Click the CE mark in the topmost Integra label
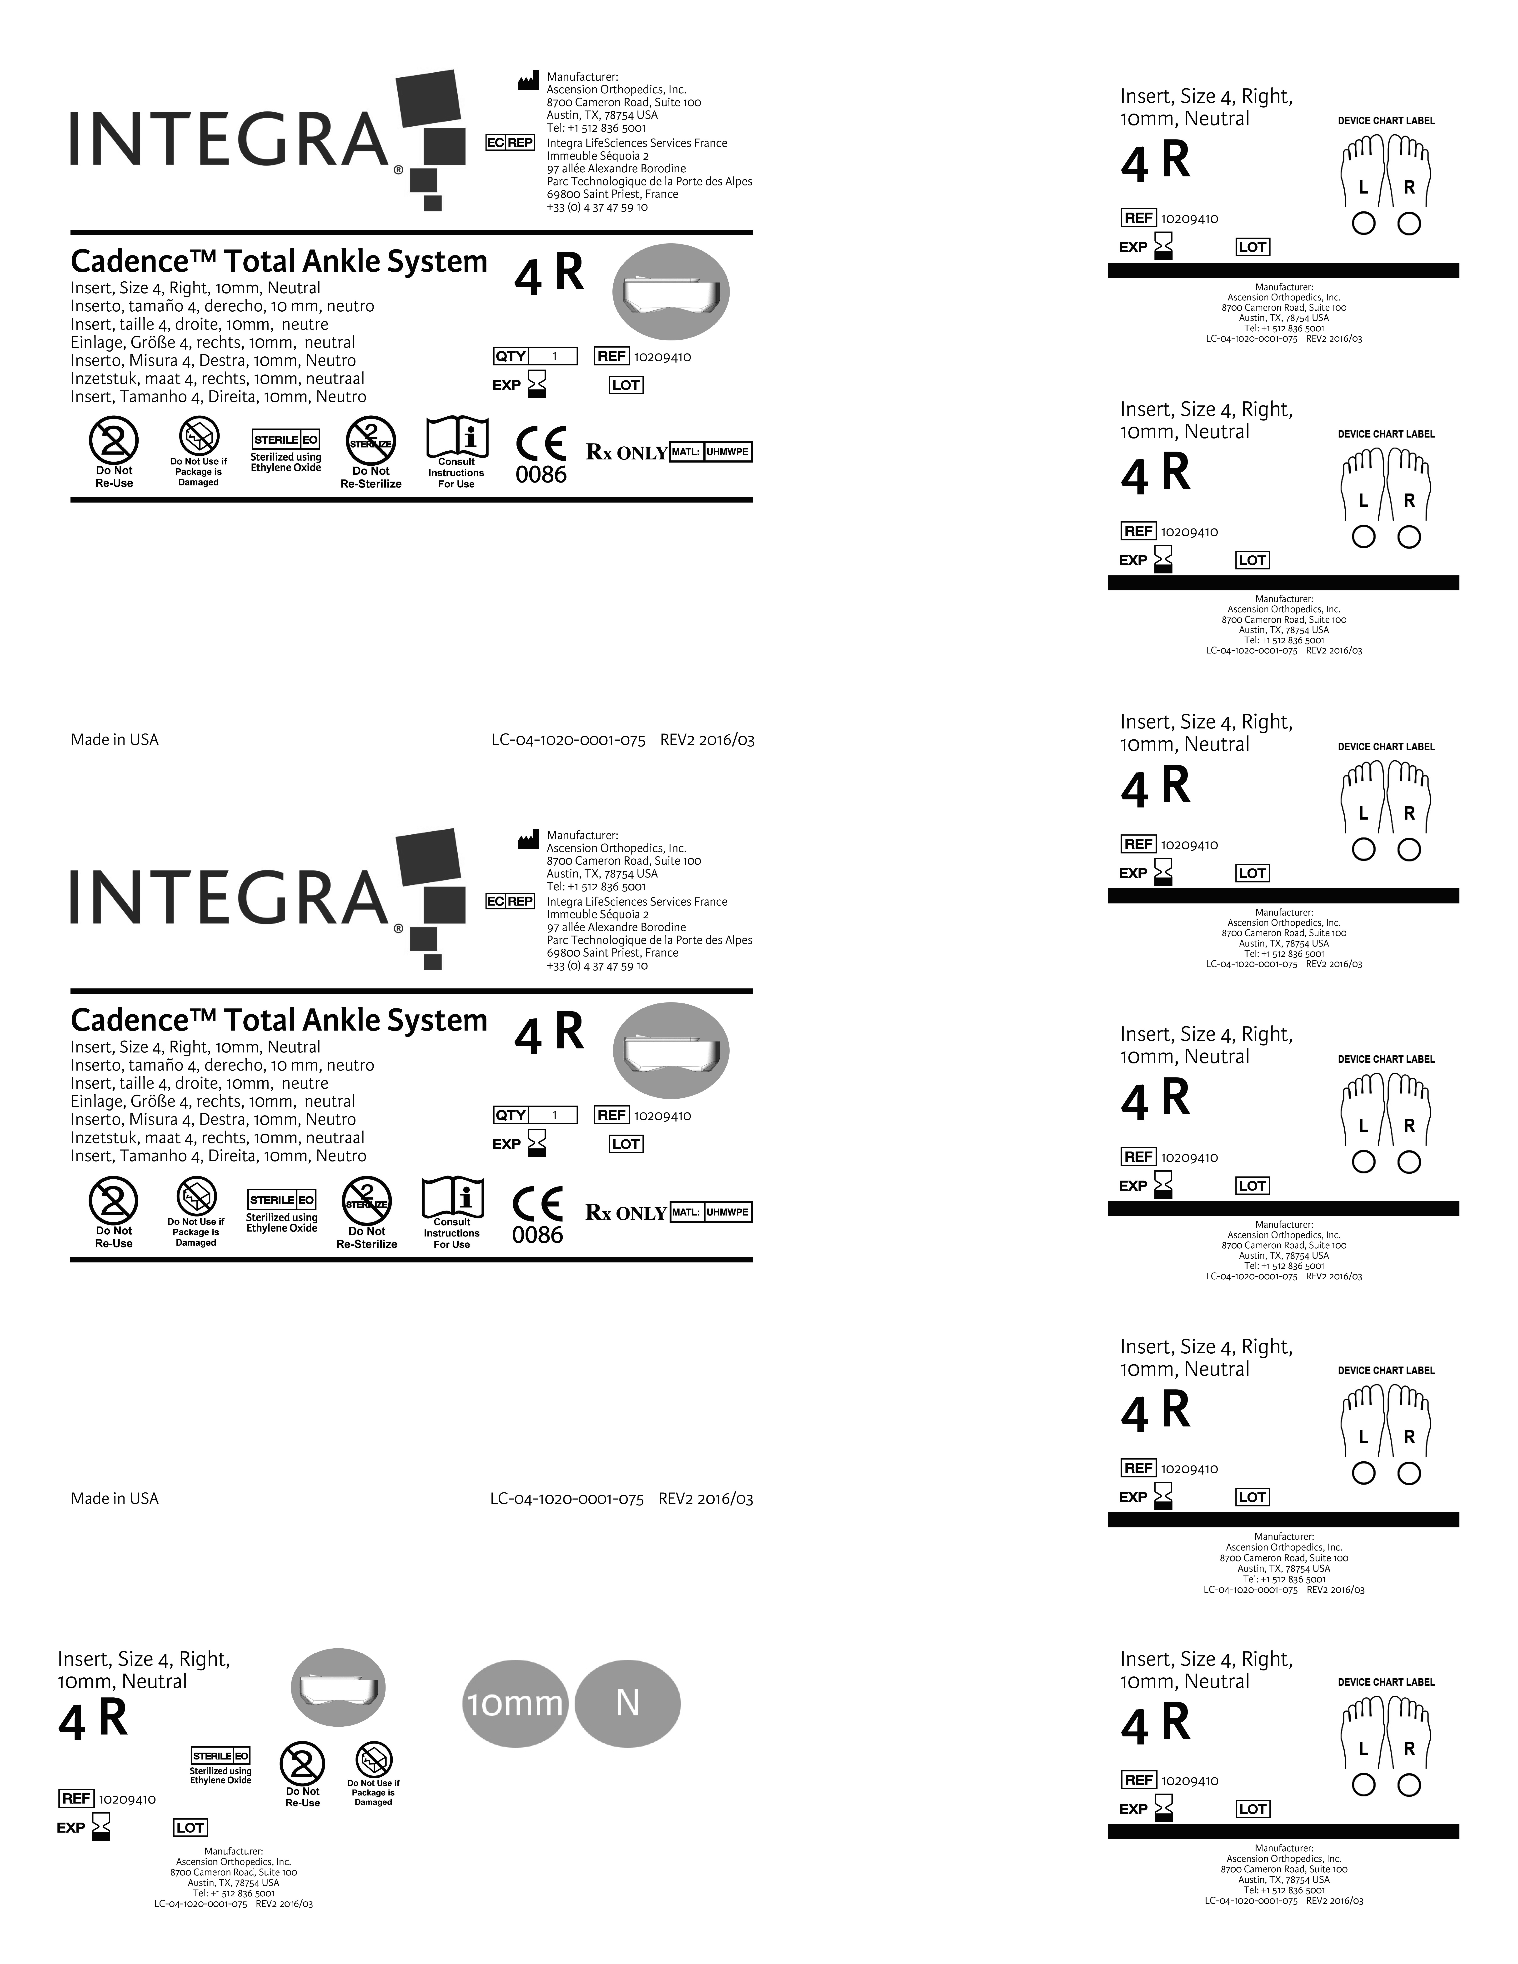[x=541, y=444]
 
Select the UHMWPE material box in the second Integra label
[x=727, y=1212]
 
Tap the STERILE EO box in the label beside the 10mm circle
[x=220, y=1755]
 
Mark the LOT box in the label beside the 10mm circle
[x=190, y=1827]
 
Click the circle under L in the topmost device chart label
[x=1363, y=224]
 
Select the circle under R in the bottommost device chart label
[x=1409, y=1785]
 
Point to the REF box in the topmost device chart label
[x=1138, y=219]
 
